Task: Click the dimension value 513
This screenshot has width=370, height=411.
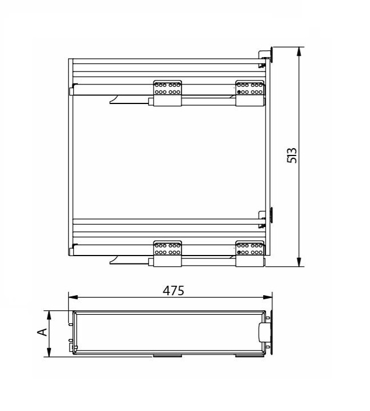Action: point(292,155)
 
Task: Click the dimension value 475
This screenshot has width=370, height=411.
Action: point(174,290)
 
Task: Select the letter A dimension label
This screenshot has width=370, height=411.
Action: point(42,332)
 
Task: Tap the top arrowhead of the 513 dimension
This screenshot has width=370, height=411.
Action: point(298,51)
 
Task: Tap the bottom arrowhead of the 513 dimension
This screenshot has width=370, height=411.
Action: point(298,262)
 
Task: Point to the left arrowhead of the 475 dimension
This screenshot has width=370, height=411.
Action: point(73,297)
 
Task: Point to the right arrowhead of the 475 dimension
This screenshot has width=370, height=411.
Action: point(268,297)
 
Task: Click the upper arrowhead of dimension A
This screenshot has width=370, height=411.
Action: point(49,315)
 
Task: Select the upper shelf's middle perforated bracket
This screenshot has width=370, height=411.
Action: point(167,93)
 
